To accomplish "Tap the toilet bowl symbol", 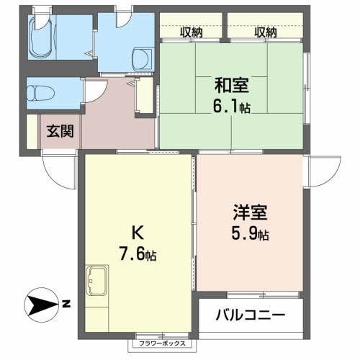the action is (x=40, y=93).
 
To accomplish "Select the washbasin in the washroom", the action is (x=143, y=59).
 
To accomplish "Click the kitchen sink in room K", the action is (x=97, y=281).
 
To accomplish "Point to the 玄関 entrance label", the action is (x=60, y=131).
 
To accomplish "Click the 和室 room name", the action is (x=232, y=85).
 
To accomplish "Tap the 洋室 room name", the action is (x=250, y=212).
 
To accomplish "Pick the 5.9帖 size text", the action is (x=250, y=233).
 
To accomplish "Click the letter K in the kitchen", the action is (x=138, y=233).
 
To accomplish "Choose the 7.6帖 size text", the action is (x=138, y=254).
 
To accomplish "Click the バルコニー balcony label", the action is (x=251, y=315).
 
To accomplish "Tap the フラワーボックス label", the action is (x=163, y=343).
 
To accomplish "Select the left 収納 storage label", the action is (x=192, y=32).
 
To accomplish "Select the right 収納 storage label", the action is (x=266, y=32).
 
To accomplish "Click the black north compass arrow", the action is (x=41, y=305).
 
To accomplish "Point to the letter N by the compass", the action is (x=66, y=305).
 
